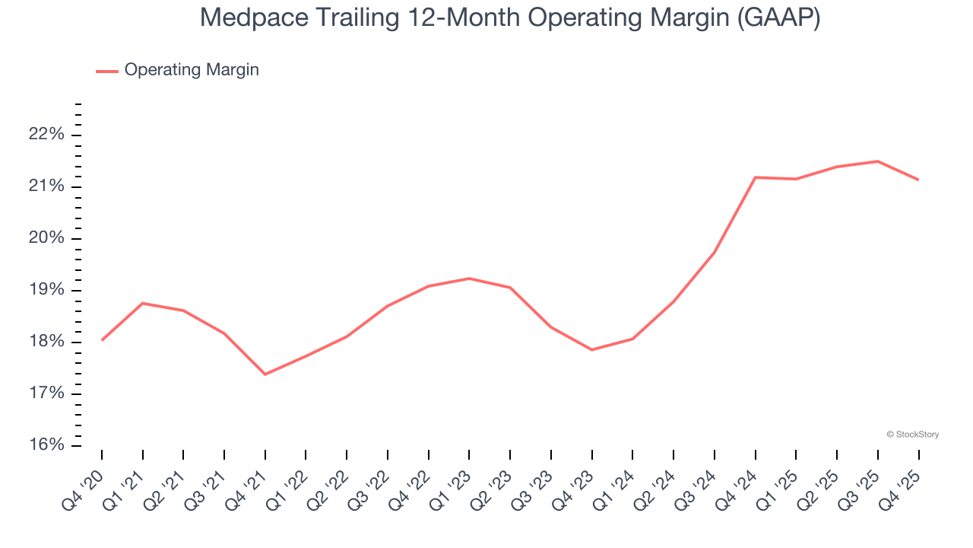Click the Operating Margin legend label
pos(192,70)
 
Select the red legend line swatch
pos(107,71)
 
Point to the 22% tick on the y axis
pos(46,135)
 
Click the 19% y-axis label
pos(46,290)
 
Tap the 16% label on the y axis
pos(46,444)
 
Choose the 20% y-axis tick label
pos(46,238)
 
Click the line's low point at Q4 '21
pos(265,374)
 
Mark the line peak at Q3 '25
pos(877,161)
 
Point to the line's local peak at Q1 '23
pos(469,279)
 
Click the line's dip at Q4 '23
pos(591,349)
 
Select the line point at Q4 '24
pos(755,177)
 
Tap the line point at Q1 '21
pos(142,303)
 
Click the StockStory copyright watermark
pos(912,435)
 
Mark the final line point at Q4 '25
pos(918,180)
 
